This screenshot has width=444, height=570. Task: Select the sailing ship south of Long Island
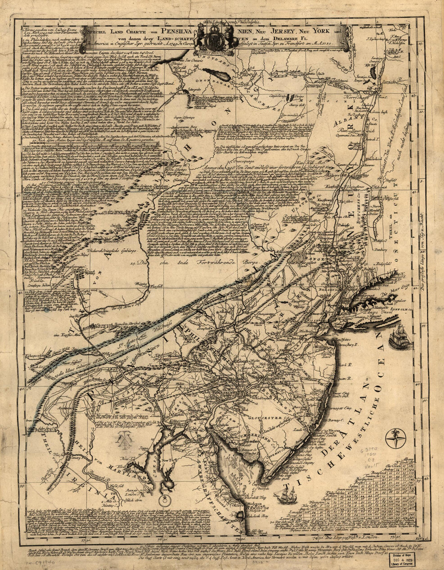click(400, 338)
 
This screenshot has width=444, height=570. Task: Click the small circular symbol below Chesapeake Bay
click(164, 501)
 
